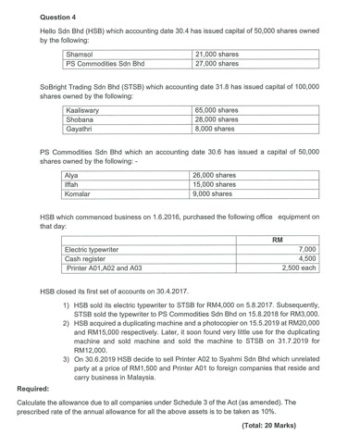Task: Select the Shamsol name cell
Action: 82,54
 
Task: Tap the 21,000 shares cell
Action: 222,54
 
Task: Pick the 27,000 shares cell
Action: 222,64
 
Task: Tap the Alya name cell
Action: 73,174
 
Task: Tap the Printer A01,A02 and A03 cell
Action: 106,270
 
